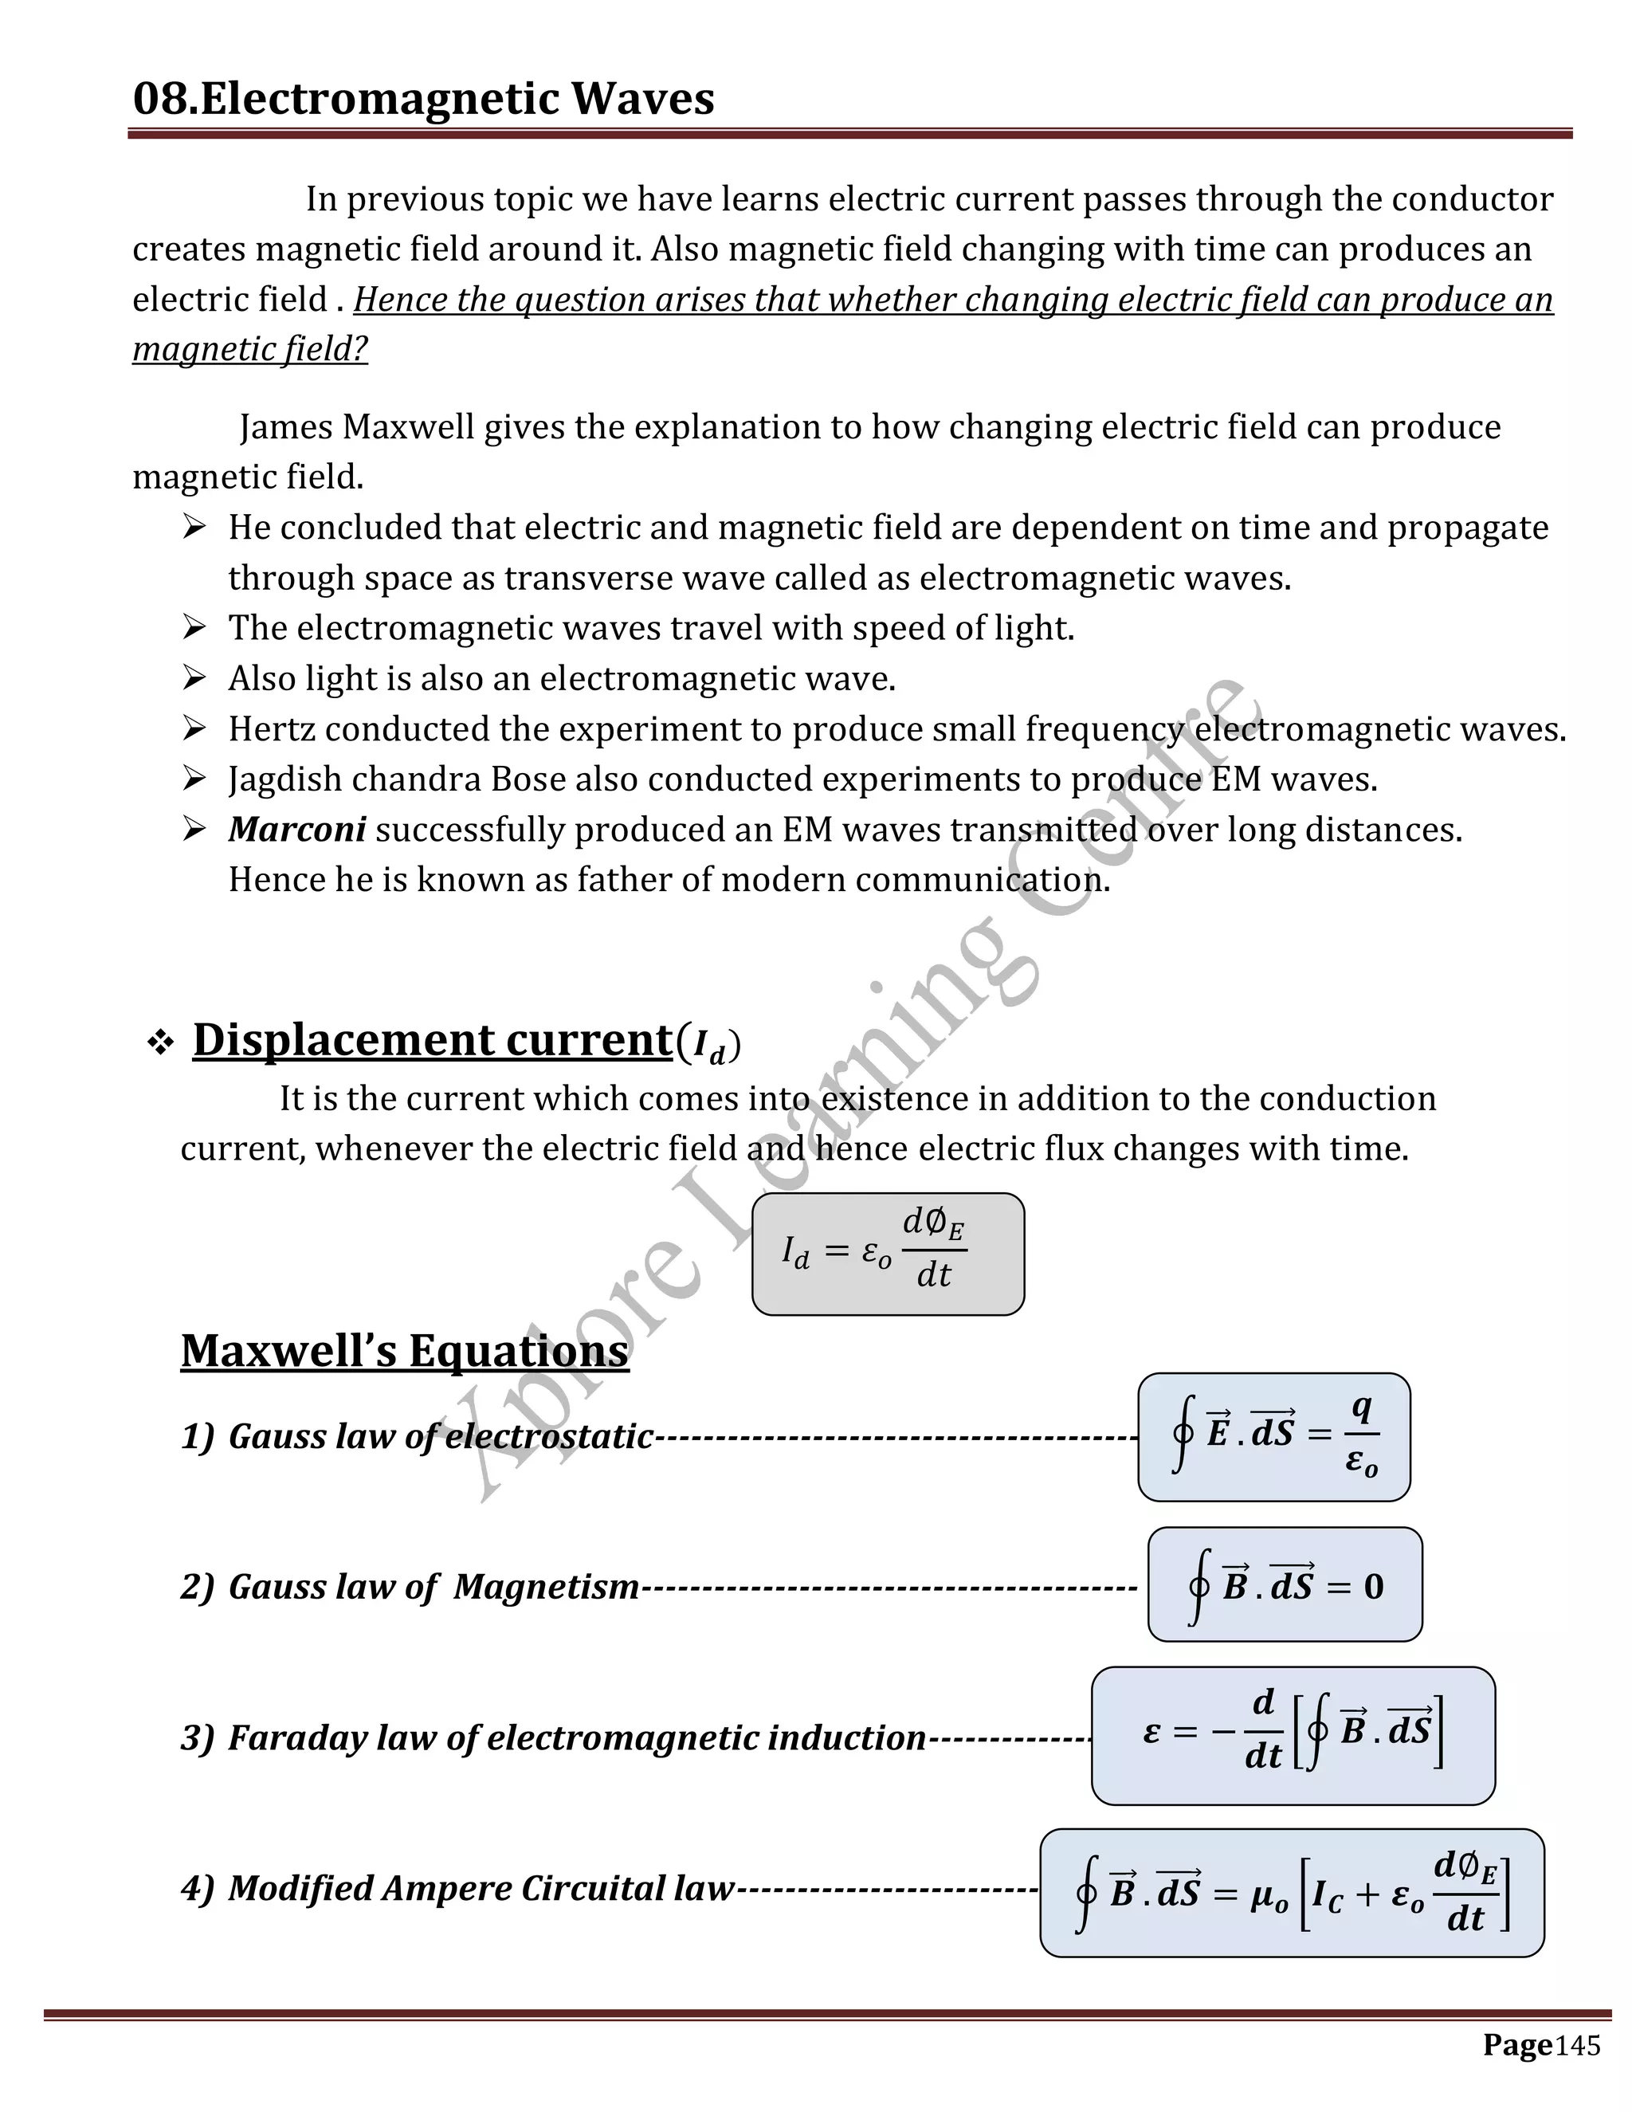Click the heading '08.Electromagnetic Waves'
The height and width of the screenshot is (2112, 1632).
click(422, 99)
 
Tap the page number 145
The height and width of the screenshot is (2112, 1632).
click(1578, 2045)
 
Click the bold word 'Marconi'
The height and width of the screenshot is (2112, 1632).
click(296, 829)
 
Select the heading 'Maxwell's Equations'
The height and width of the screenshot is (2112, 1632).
click(404, 1350)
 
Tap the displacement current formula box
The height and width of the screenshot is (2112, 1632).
click(888, 1254)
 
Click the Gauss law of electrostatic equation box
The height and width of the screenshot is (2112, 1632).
click(1273, 1436)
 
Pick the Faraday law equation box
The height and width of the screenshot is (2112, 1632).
click(1293, 1736)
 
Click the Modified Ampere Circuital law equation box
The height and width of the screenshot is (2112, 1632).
click(1291, 1893)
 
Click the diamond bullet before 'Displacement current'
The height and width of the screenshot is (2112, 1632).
click(159, 1042)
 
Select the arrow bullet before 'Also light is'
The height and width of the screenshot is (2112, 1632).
click(194, 678)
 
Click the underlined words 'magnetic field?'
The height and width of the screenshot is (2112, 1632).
click(249, 348)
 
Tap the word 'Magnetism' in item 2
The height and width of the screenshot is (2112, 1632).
click(546, 1586)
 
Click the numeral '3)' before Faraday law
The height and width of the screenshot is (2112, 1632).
click(198, 1737)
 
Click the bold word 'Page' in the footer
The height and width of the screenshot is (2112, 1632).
click(1517, 2044)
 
